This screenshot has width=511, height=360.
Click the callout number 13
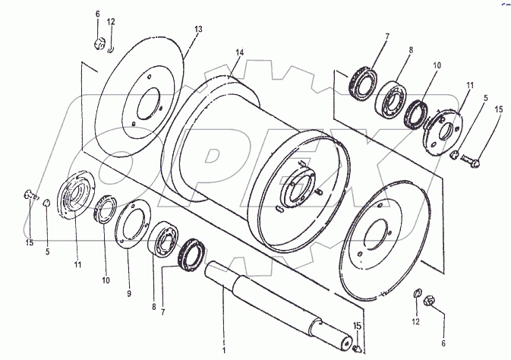pyautogui.click(x=198, y=30)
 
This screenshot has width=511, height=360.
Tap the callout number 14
pyautogui.click(x=240, y=52)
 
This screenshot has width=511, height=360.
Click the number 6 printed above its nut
pyautogui.click(x=98, y=14)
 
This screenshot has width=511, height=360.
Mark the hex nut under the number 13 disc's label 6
pyautogui.click(x=99, y=40)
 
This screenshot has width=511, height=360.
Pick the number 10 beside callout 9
pyautogui.click(x=106, y=280)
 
